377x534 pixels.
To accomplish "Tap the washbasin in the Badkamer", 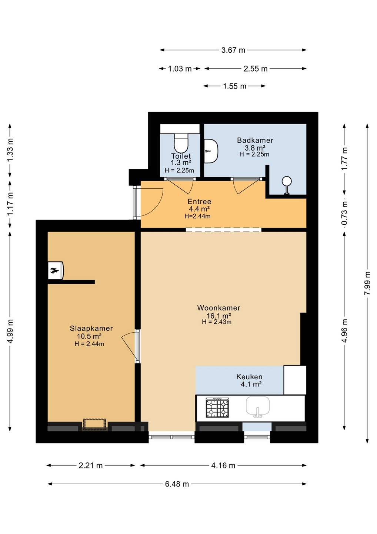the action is click(211, 151).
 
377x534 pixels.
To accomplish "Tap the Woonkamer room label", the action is click(219, 308).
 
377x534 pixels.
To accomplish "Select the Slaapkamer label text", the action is click(91, 328).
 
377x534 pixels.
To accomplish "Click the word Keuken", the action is click(249, 377).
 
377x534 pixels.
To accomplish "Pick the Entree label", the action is click(199, 201).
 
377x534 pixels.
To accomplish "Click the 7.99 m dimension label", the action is click(367, 283).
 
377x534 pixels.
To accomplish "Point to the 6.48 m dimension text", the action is click(177, 484).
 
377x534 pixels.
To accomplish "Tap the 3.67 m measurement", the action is click(233, 50).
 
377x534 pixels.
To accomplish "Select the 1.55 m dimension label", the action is click(234, 86).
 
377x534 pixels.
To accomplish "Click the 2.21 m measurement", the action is click(90, 465).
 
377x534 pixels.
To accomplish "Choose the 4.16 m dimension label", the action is click(223, 465).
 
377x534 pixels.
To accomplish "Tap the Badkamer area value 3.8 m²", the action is click(255, 148).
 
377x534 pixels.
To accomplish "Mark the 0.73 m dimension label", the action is click(344, 213).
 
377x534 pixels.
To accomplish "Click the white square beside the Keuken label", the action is click(295, 380).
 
